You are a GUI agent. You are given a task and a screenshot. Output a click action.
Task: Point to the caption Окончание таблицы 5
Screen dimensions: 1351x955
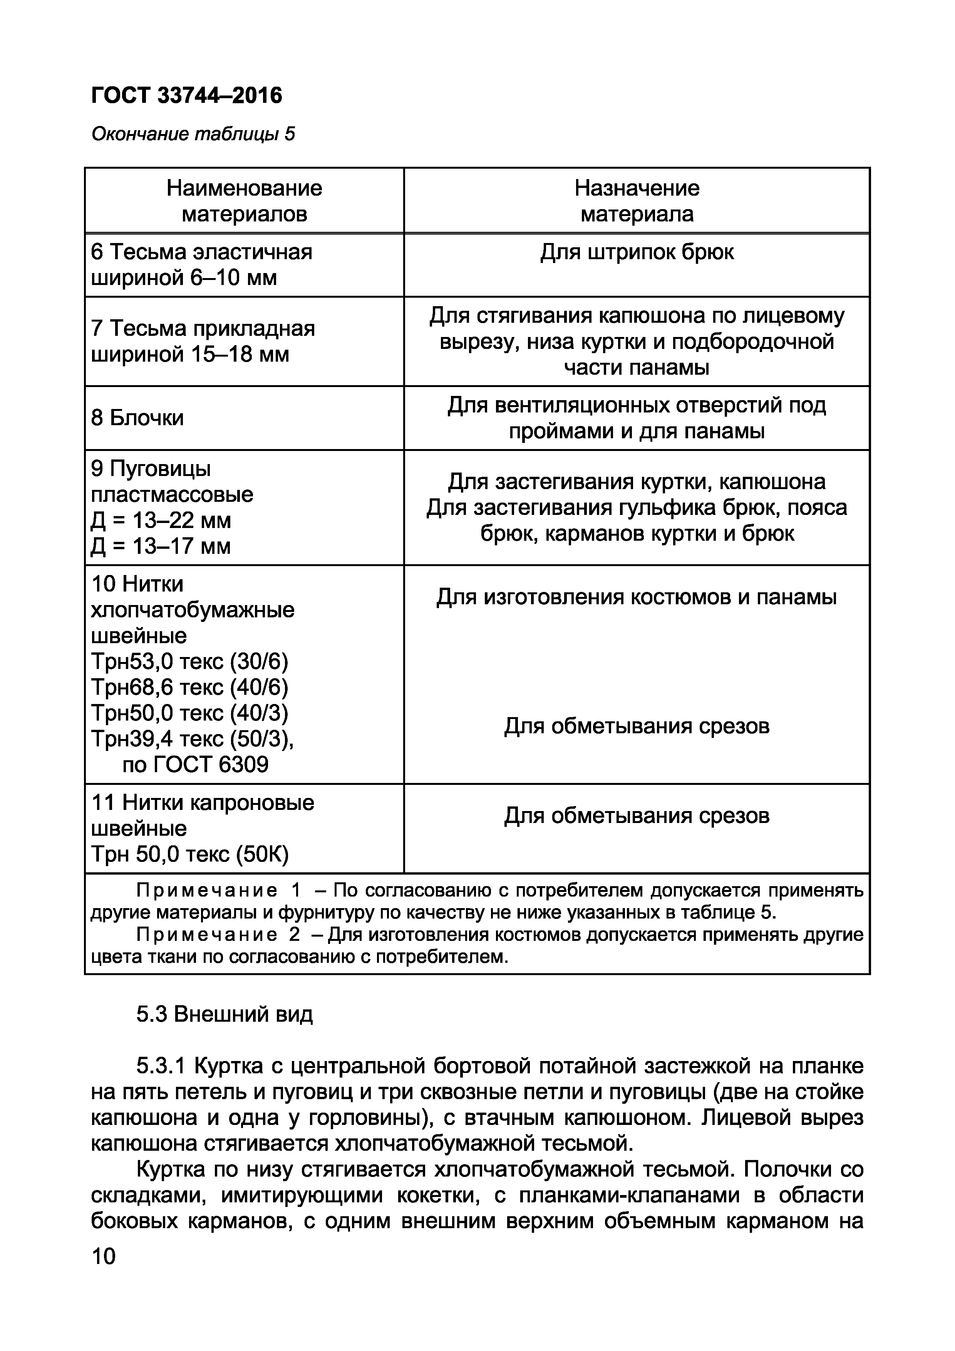coord(193,135)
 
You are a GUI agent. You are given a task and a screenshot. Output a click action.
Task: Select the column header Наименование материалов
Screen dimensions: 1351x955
coord(244,201)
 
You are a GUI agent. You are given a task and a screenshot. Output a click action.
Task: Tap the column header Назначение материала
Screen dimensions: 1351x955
coord(637,201)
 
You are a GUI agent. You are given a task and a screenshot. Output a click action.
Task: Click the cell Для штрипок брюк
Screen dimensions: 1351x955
coord(637,252)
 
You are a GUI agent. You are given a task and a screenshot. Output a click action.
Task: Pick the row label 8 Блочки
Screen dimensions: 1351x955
coord(138,418)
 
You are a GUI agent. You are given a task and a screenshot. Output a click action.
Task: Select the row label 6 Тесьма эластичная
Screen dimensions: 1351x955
coord(201,252)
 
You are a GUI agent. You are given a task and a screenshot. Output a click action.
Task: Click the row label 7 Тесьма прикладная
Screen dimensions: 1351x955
coord(203,329)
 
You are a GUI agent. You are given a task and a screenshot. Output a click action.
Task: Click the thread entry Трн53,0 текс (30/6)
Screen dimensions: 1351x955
coord(189,662)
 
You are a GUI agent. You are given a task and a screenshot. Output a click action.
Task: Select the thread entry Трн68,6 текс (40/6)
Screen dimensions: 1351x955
coord(189,687)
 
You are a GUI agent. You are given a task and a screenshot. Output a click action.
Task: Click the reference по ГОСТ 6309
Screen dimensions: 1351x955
coord(195,764)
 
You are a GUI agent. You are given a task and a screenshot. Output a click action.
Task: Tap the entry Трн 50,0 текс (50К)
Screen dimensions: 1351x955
coord(189,854)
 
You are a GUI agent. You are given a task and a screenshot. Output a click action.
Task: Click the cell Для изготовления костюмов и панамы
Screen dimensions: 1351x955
coord(637,597)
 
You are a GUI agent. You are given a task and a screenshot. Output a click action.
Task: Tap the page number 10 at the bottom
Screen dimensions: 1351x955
coord(104,1257)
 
